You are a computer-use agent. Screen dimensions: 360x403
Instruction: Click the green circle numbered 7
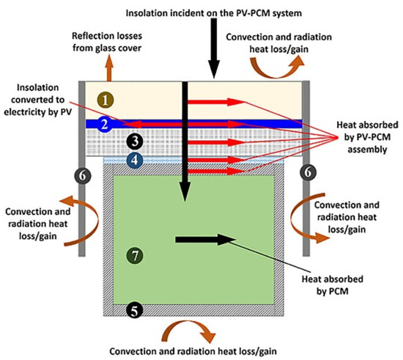pos(133,256)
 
